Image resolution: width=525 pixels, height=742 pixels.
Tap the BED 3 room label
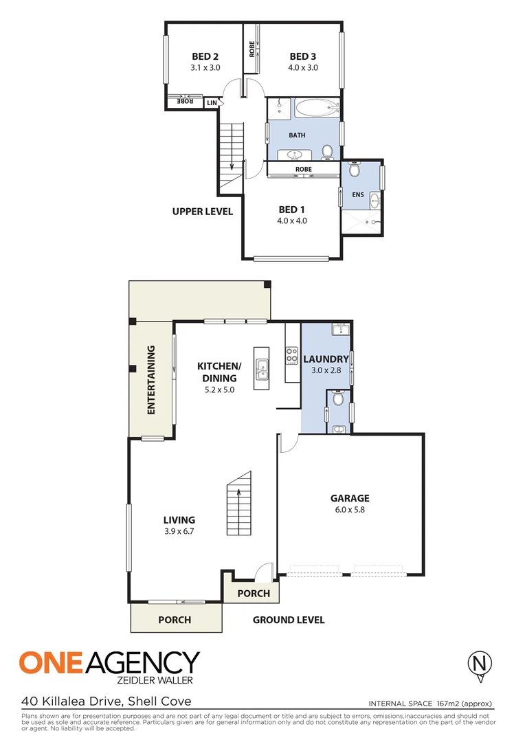point(302,56)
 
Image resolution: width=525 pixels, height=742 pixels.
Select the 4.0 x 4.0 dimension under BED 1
point(291,221)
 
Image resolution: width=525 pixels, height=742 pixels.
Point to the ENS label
point(358,195)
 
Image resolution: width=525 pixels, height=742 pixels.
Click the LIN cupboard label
point(212,102)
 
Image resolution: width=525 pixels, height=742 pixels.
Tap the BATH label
point(297,135)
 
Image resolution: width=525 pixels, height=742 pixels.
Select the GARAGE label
point(350,498)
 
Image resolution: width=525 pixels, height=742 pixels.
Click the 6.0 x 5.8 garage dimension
point(350,510)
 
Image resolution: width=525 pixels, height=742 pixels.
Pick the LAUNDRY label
point(326,359)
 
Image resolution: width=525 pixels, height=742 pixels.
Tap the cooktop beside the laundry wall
point(291,357)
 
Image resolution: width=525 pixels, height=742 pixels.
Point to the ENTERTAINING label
point(150,380)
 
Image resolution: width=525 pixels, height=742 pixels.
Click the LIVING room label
point(179,520)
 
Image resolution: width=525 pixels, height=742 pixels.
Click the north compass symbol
point(480,664)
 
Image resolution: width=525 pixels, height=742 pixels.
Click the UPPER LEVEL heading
point(203,212)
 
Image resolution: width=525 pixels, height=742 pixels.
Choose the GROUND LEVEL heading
point(289,620)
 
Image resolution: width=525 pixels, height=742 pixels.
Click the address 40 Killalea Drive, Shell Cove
point(106,701)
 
